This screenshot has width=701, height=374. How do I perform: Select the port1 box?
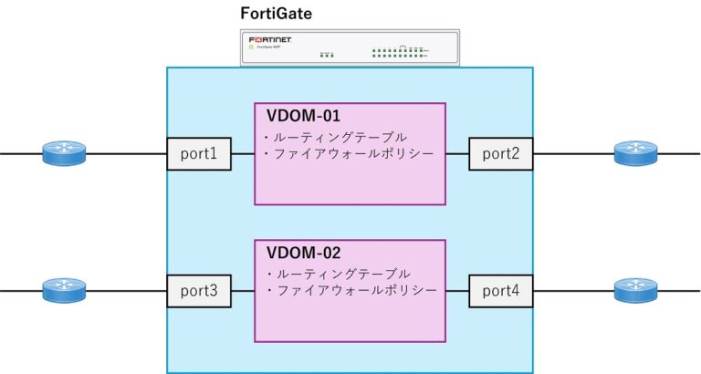(x=196, y=154)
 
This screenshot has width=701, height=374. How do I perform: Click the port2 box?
(x=501, y=154)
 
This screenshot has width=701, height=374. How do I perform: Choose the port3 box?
(x=196, y=291)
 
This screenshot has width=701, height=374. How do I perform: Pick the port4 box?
(x=501, y=291)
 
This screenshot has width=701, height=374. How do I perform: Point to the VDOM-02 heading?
(x=302, y=253)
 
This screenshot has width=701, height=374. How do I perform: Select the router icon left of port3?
(x=64, y=291)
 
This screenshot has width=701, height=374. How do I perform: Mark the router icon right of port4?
(x=635, y=291)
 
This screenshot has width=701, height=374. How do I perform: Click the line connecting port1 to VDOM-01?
(x=240, y=154)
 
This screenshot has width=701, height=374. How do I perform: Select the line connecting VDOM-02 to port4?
(x=457, y=291)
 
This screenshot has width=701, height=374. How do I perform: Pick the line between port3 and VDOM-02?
(x=240, y=291)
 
